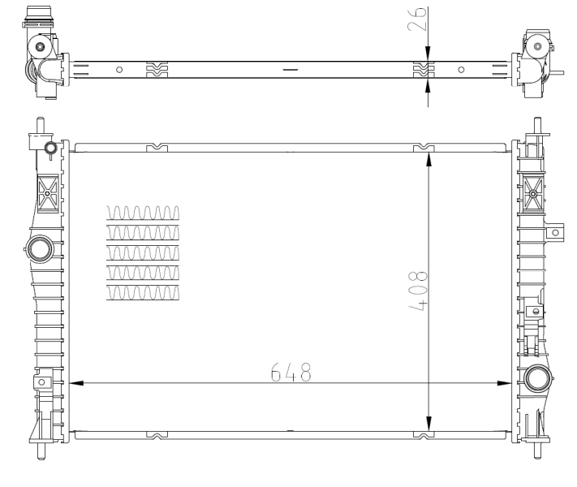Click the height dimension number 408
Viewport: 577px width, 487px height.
(x=420, y=291)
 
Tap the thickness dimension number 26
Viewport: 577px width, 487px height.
(x=418, y=19)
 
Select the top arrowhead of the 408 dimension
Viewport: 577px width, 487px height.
(x=428, y=160)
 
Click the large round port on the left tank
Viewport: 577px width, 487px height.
(x=38, y=248)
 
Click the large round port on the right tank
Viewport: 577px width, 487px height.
(x=536, y=378)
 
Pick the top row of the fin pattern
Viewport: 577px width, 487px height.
(x=143, y=213)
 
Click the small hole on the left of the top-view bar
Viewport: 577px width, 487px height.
(x=119, y=70)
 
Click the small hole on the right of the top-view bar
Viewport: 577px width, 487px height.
(x=461, y=70)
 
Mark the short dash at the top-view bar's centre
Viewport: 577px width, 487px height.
(x=290, y=70)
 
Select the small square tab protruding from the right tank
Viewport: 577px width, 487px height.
(x=555, y=232)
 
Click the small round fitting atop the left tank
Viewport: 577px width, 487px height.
(x=50, y=148)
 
